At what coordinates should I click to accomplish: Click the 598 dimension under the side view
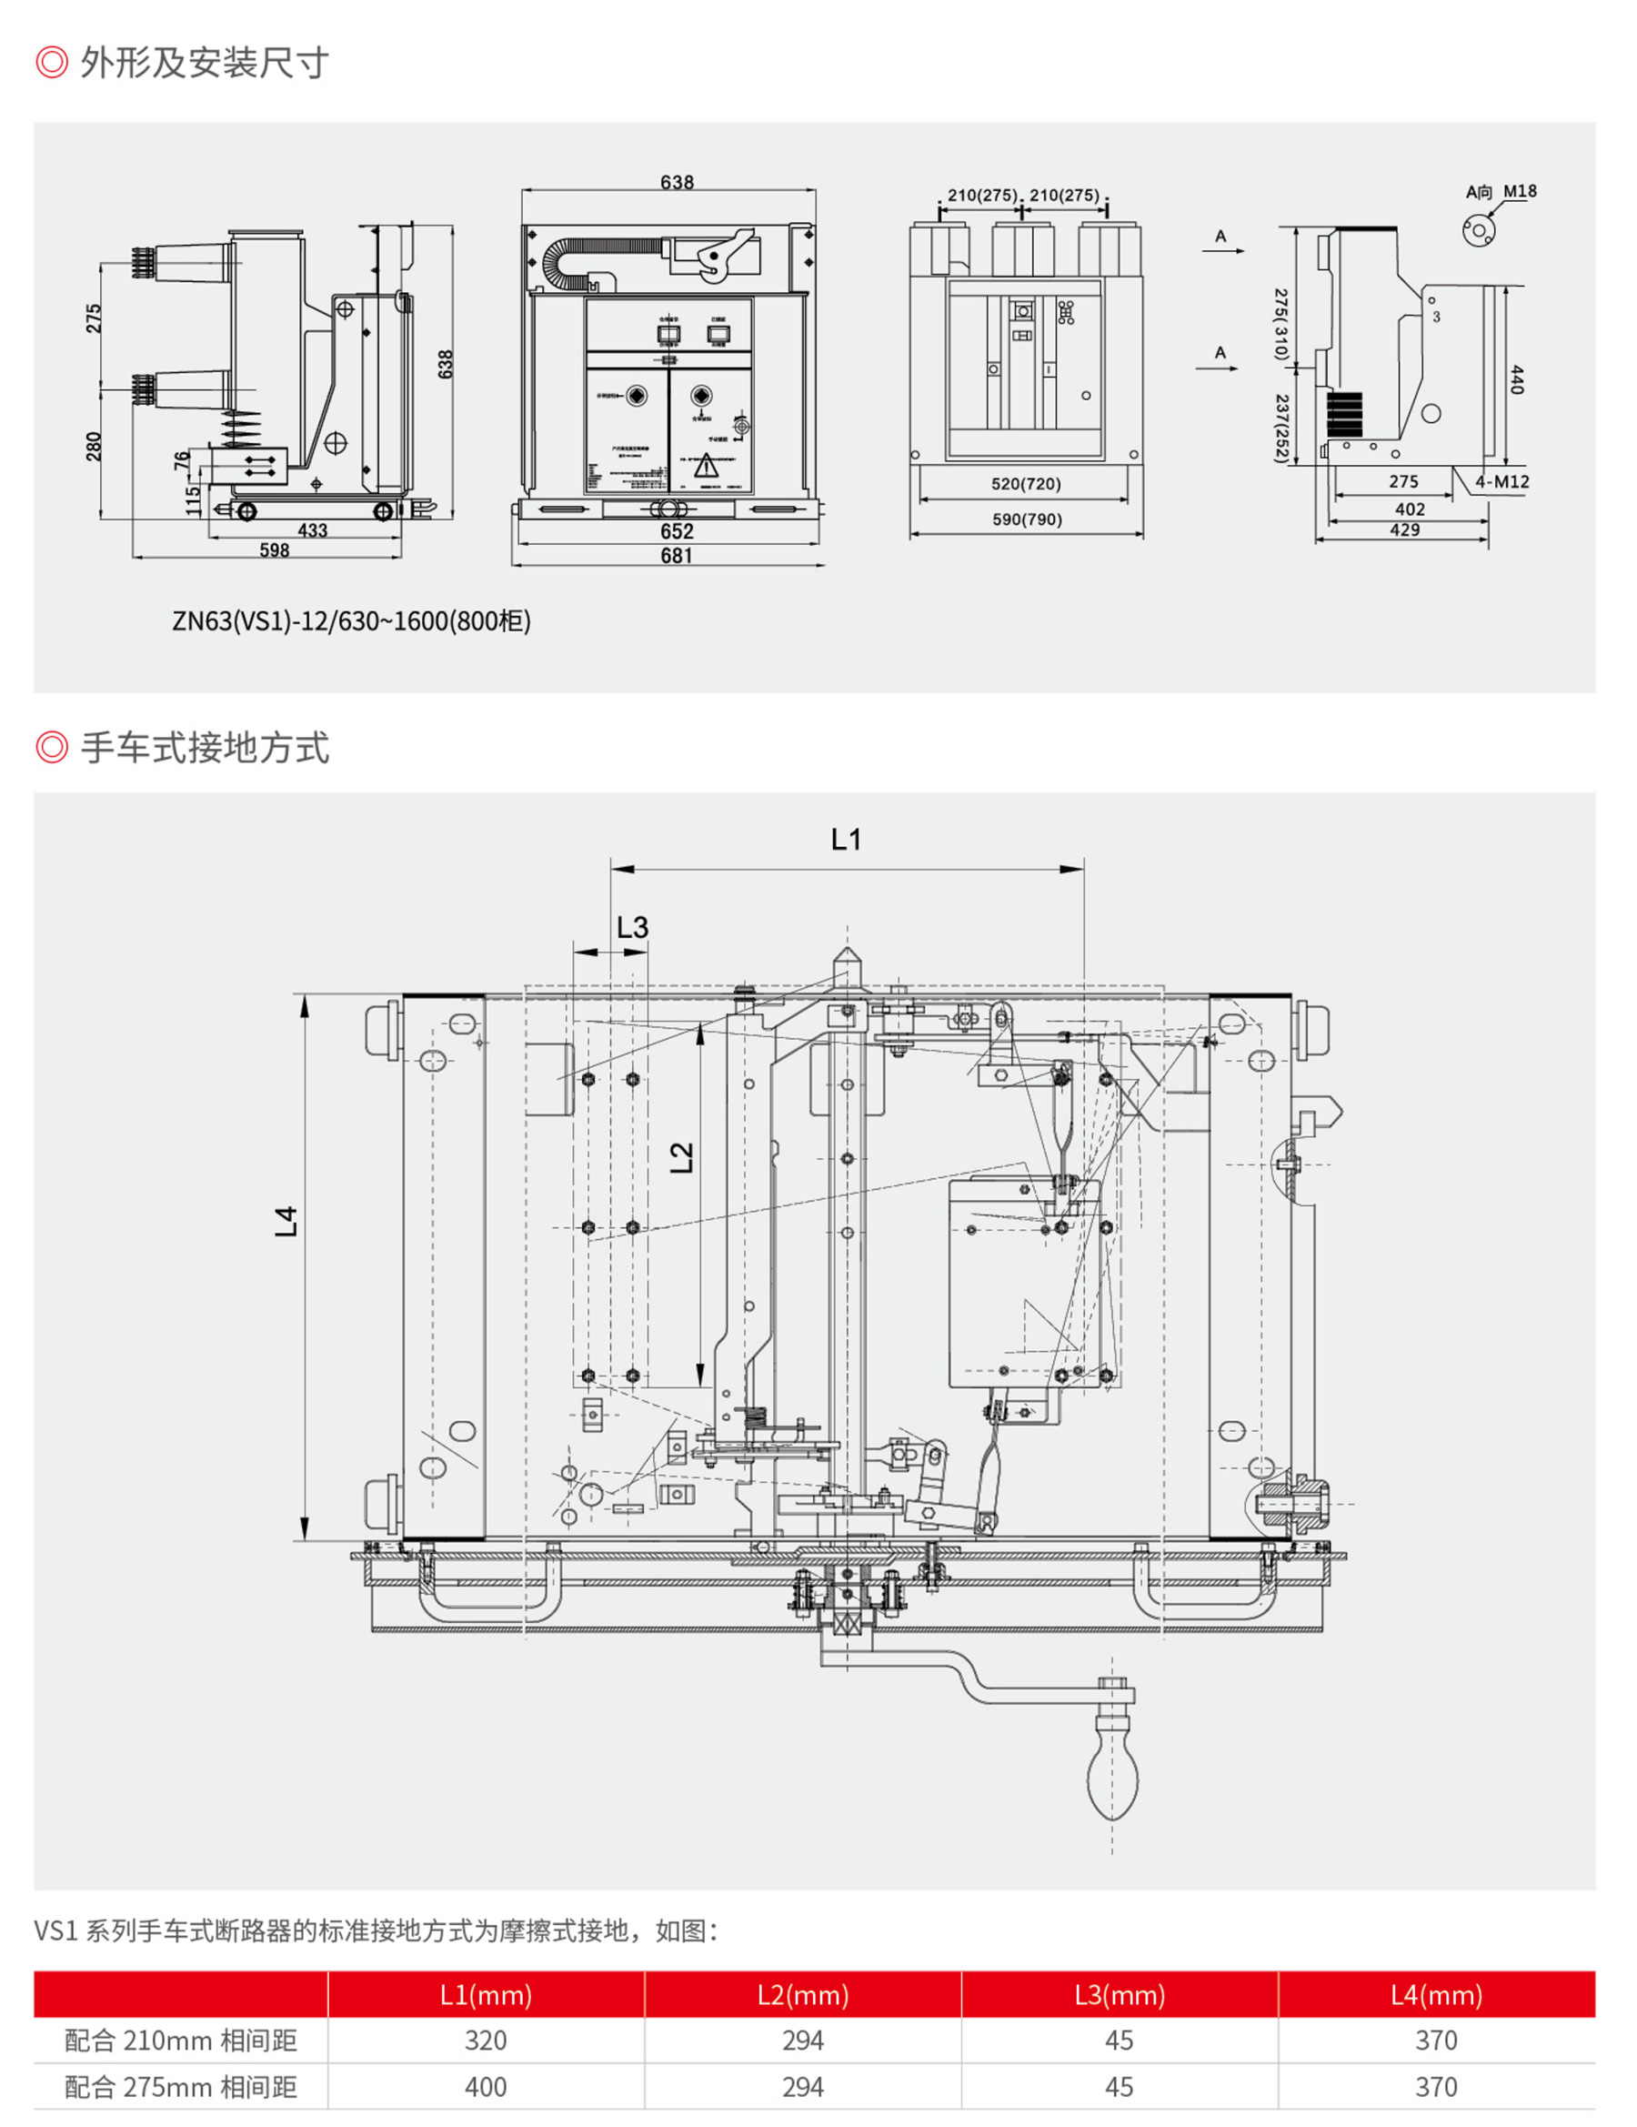point(274,550)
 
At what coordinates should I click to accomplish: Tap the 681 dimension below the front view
point(676,556)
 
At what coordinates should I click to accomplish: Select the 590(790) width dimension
point(1027,519)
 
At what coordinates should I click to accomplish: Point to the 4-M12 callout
point(1501,482)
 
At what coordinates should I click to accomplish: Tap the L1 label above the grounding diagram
point(845,840)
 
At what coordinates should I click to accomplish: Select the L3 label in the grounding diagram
point(632,927)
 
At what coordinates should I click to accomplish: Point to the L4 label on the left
point(286,1220)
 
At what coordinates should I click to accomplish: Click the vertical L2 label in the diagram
point(682,1157)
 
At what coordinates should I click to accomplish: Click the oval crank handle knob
point(1112,1781)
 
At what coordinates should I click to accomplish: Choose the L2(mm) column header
point(802,1995)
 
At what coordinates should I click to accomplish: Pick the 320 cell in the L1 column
point(485,2041)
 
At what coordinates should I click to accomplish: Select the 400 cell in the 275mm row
point(485,2087)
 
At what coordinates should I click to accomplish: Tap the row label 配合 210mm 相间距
point(180,2041)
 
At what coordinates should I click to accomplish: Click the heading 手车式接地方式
point(205,748)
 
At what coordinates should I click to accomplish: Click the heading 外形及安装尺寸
point(205,64)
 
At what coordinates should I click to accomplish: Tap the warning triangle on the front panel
point(706,467)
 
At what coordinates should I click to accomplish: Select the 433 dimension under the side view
point(312,530)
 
